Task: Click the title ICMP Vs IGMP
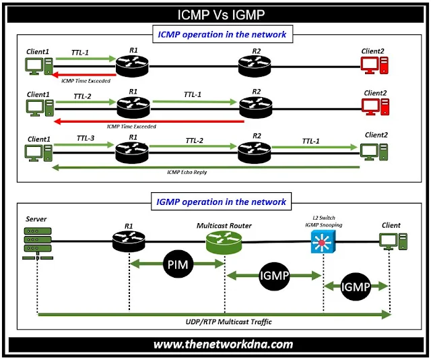[x=215, y=13]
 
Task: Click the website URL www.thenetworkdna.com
[x=223, y=344]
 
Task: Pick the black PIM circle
[x=178, y=265]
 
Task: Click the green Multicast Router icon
[x=223, y=241]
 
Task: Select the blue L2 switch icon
[x=322, y=243]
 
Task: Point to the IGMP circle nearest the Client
[x=357, y=287]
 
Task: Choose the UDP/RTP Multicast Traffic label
[x=215, y=322]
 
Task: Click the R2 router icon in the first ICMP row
[x=255, y=66]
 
